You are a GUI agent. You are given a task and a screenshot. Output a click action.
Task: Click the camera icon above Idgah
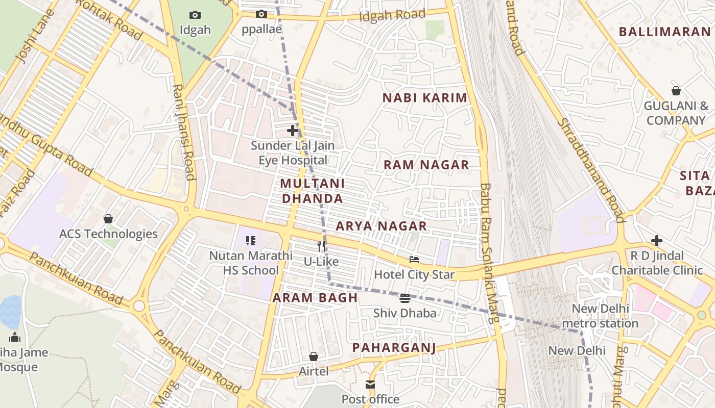coord(195,15)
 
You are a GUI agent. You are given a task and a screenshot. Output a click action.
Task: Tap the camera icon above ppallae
coord(261,14)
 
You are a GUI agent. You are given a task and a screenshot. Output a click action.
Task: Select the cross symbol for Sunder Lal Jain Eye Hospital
coord(293,131)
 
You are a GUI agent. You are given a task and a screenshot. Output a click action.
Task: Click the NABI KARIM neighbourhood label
coord(425,98)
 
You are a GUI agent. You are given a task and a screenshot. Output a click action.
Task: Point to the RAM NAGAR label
coord(426,165)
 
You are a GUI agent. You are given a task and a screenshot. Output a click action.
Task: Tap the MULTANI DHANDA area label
coord(313,191)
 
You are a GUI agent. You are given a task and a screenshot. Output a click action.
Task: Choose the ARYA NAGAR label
coord(381,226)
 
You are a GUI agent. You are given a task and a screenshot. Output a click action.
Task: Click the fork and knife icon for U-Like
coord(321,246)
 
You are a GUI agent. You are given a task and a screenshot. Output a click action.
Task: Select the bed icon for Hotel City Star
coord(414,260)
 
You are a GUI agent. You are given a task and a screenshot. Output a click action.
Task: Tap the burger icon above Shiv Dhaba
coord(405,298)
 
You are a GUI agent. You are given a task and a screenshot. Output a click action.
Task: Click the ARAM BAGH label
coord(315,298)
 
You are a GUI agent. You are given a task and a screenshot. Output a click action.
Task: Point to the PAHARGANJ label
coord(394,348)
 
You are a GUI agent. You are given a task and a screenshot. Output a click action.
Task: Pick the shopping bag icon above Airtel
coord(314,356)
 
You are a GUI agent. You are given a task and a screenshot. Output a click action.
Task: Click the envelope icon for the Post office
coord(370,385)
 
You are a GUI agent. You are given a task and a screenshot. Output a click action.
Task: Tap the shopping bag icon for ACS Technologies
coord(108,219)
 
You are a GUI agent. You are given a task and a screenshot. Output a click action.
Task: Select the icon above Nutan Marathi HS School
coord(250,240)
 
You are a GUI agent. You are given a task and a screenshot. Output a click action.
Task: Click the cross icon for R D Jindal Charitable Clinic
coord(657,240)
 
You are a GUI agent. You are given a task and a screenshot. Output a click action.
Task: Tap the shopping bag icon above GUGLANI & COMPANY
coord(676,91)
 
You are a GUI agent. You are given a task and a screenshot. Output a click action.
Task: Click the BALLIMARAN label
coord(664,32)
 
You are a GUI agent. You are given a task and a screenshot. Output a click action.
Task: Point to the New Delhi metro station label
coord(600,316)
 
